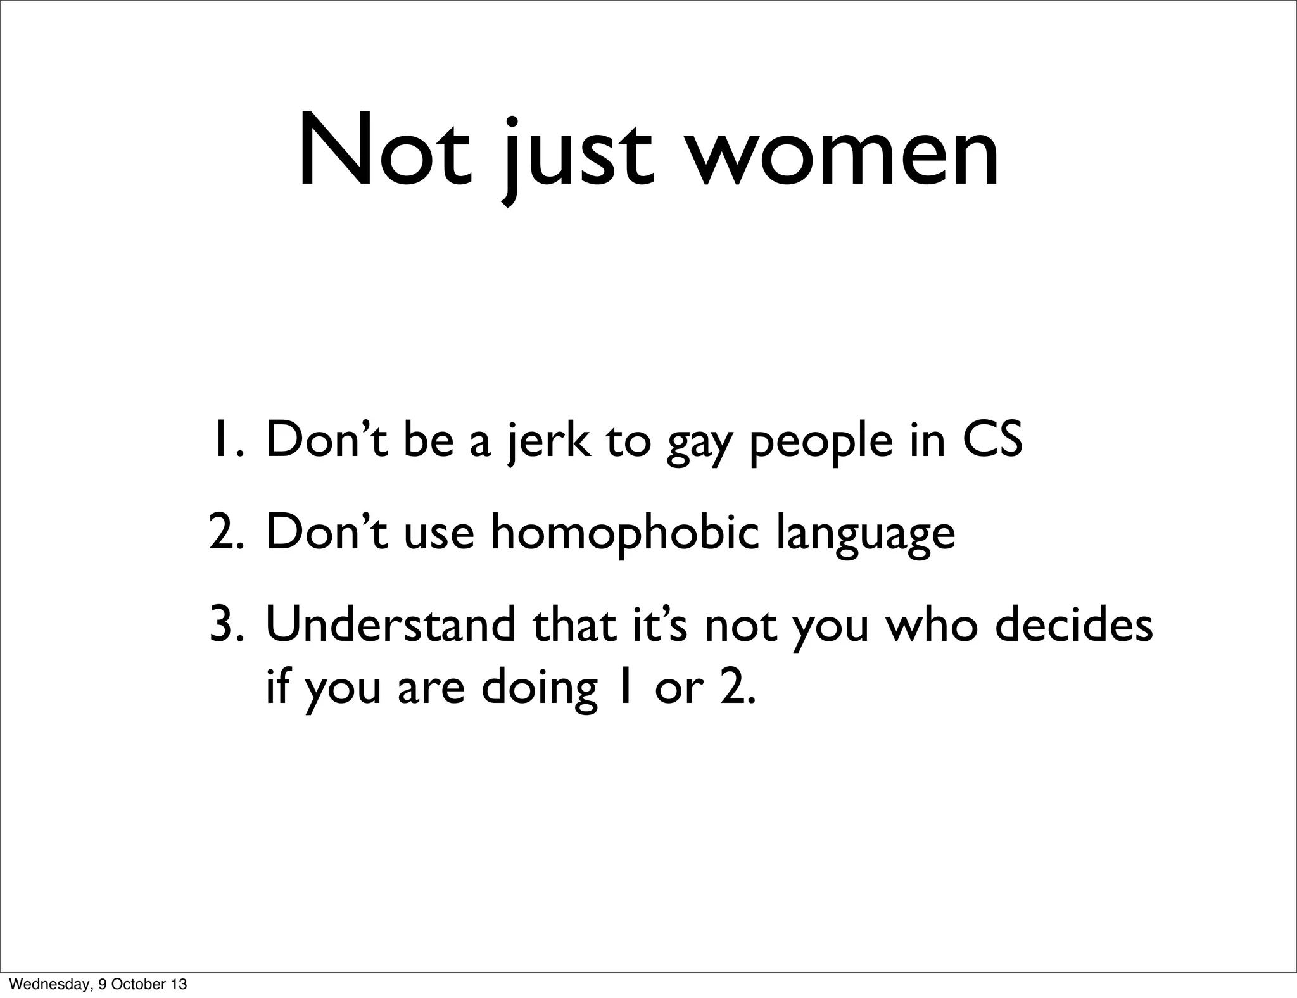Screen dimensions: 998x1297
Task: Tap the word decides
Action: click(1073, 624)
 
